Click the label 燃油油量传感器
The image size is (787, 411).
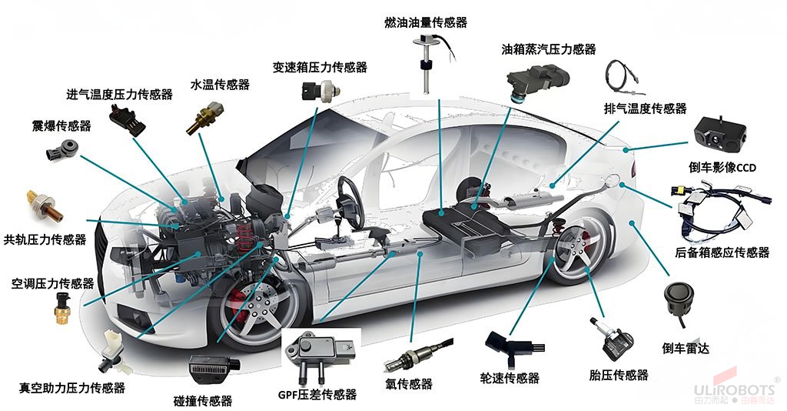pyautogui.click(x=425, y=22)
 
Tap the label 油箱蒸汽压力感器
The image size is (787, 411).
pyautogui.click(x=548, y=49)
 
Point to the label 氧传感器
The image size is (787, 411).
pyautogui.click(x=408, y=384)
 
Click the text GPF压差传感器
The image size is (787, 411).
pyautogui.click(x=317, y=395)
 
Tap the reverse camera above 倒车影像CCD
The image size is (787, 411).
pyautogui.click(x=722, y=135)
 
